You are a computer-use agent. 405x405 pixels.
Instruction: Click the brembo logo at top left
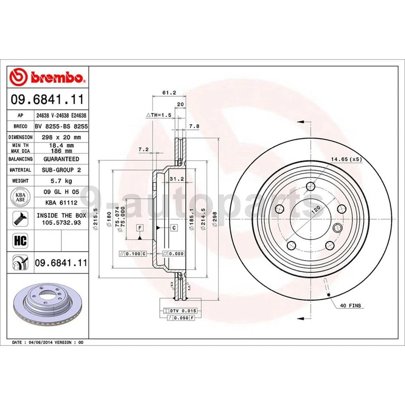48,77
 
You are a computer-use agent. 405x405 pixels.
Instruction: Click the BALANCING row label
20,159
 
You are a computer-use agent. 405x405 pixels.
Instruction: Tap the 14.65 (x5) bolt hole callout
346,159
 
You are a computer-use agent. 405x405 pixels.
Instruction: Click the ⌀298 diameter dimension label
215,220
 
